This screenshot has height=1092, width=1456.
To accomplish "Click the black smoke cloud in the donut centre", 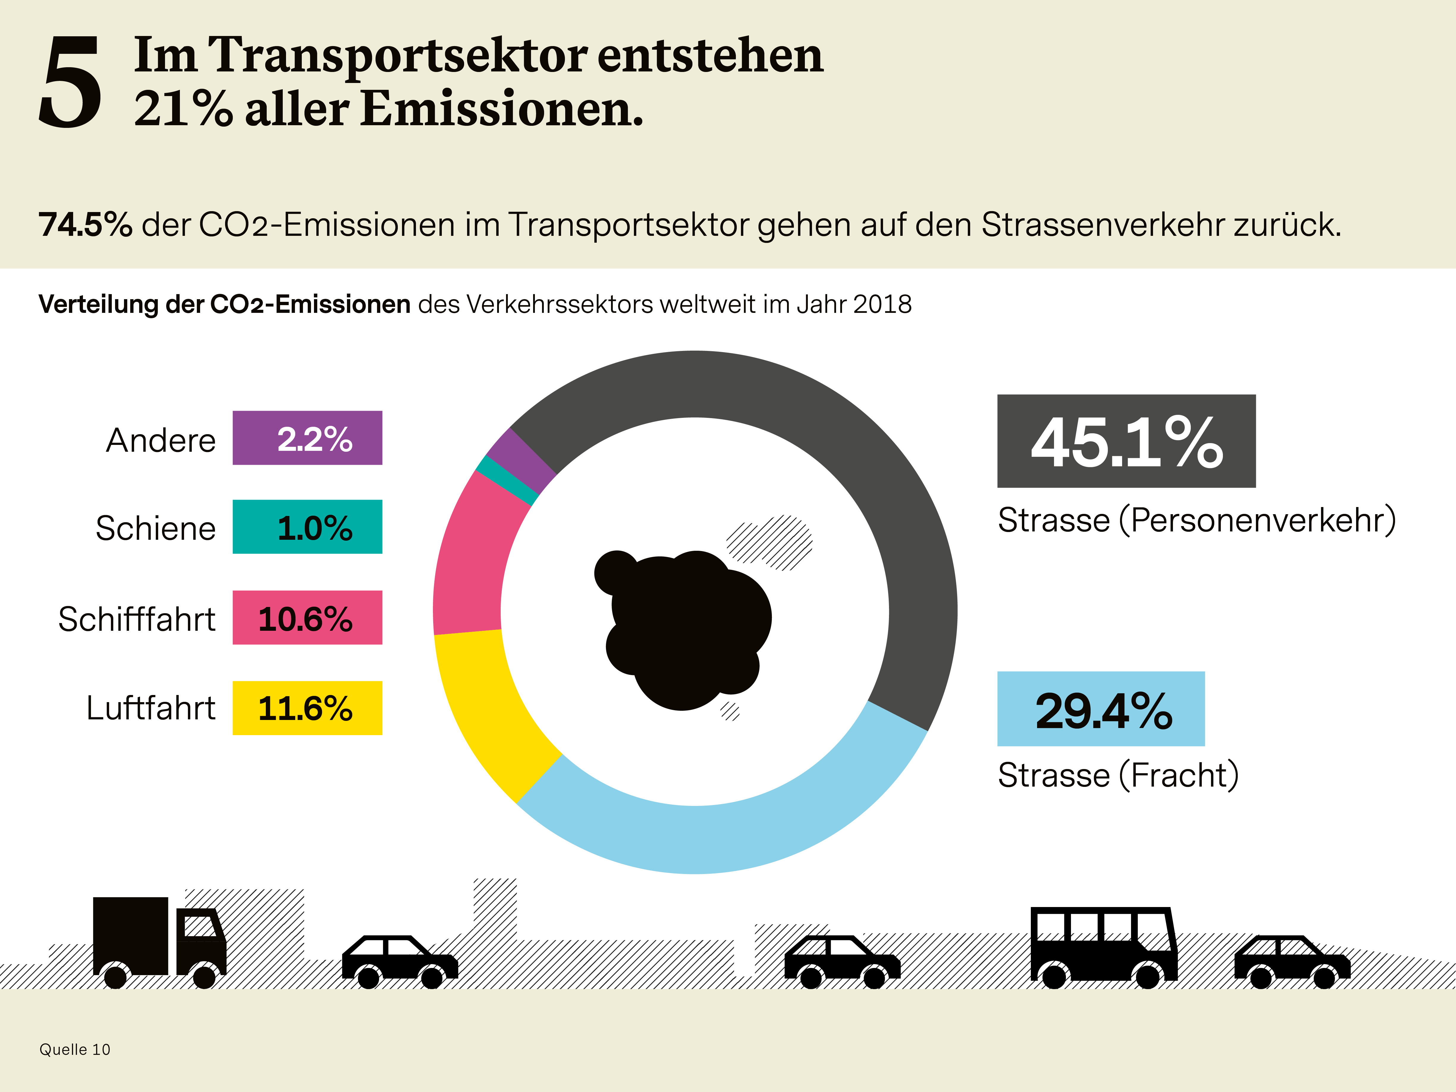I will click(x=684, y=625).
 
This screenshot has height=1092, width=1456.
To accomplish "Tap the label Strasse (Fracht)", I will click(x=1118, y=775).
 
